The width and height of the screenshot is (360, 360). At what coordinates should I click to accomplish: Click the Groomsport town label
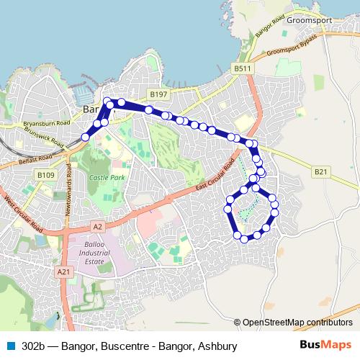pos(308,20)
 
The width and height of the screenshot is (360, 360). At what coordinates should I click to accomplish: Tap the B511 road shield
pos(243,68)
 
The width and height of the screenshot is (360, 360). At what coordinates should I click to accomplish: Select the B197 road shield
pos(158,94)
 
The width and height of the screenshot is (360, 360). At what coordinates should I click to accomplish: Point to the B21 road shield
pos(320,171)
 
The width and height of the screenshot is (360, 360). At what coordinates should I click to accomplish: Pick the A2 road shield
pos(98,226)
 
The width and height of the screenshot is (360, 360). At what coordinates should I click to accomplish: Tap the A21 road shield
pos(64,271)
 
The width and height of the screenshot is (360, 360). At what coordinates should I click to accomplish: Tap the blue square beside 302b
pos(10,345)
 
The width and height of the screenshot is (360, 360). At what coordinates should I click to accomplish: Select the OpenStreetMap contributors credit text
pos(297,322)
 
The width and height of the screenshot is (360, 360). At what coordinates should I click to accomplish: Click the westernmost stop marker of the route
pos(85,137)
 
